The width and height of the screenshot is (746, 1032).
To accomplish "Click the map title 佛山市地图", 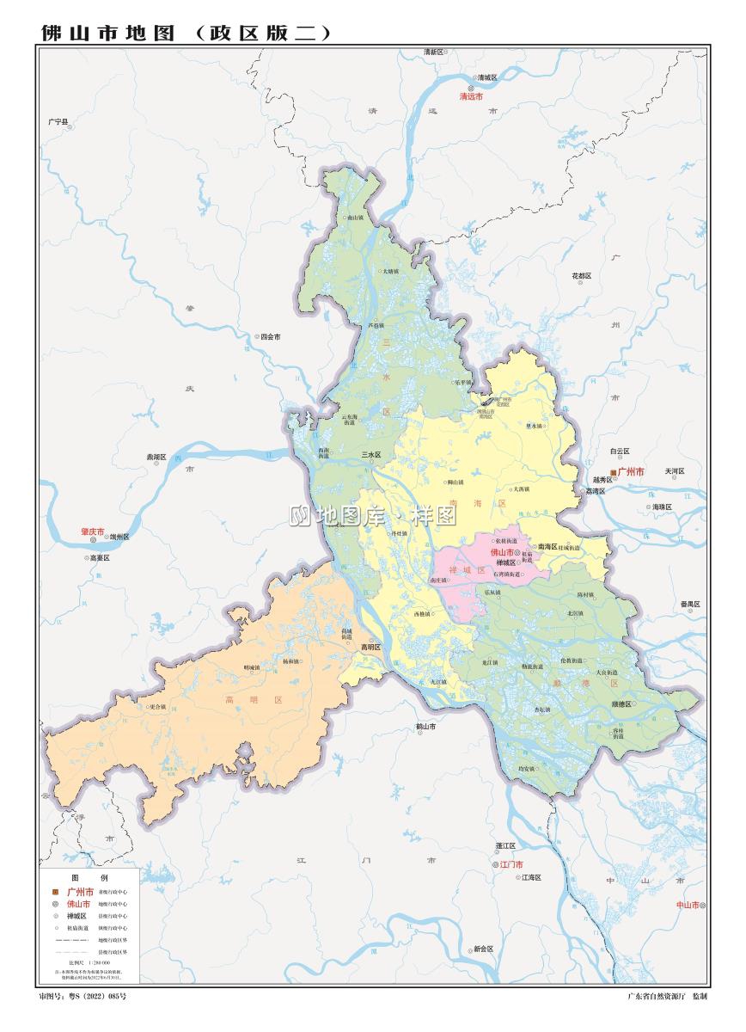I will coord(108,34).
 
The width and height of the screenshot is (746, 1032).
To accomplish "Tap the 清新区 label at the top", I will coord(435,52).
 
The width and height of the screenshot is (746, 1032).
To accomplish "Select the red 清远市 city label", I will coord(472,97).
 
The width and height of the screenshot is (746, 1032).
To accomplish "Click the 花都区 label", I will coord(582,275).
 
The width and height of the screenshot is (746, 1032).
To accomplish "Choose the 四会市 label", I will coord(271,337).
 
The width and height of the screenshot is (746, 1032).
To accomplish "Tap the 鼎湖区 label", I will coord(156,458).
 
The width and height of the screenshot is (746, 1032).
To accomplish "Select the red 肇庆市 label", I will coord(92,532).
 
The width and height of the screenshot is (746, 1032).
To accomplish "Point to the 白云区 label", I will coord(620,451).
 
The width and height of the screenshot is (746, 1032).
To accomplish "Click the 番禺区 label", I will coord(690,605).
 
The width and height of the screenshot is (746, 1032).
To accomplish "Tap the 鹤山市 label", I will coord(425,727).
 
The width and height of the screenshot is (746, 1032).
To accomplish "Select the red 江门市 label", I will coord(511,864).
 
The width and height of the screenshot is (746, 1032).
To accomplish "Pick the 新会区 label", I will coord(483,949).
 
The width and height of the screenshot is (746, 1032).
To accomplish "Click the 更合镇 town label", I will coord(156,707).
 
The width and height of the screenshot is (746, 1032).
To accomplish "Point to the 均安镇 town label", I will coord(526,768).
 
